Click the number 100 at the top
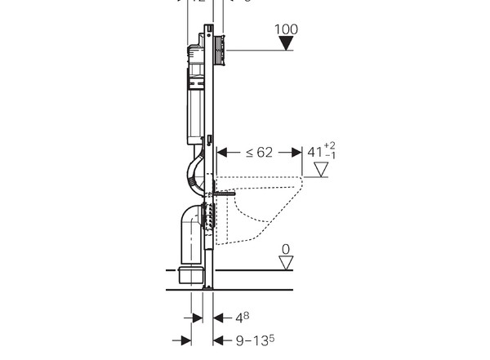(287, 30)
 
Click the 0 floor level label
(285, 248)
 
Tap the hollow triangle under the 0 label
(285, 262)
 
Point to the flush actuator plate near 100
(220, 51)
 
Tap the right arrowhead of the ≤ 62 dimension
(296, 152)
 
